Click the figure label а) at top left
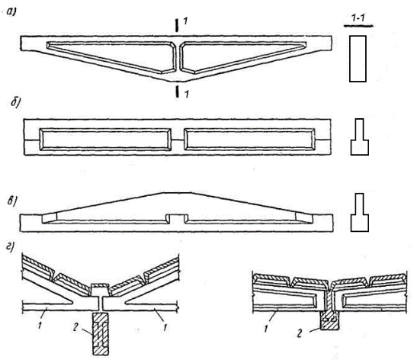click(x=11, y=12)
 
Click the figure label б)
click(x=16, y=102)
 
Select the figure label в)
click(x=13, y=201)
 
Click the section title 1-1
click(x=358, y=18)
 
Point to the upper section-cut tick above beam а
click(x=177, y=25)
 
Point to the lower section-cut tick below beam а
click(x=178, y=91)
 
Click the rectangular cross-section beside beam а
click(x=358, y=59)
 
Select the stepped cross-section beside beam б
click(x=360, y=137)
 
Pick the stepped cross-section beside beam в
click(x=360, y=212)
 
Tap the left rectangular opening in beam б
click(x=105, y=140)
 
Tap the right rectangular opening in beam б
click(x=249, y=140)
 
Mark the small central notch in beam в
click(x=177, y=219)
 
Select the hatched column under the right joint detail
click(x=329, y=320)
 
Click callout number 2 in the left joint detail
click(x=75, y=328)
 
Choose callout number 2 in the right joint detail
click(x=300, y=334)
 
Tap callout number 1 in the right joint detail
click(x=266, y=329)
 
